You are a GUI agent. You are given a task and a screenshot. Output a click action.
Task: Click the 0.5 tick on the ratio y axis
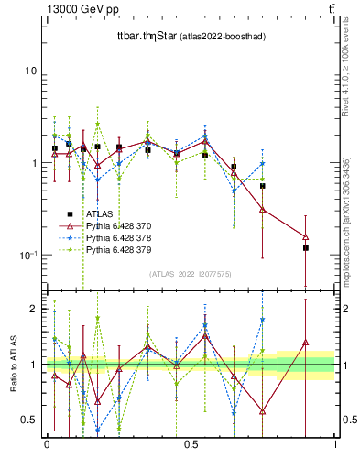pos(29,420)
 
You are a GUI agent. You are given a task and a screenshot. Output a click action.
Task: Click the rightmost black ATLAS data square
pos(306,248)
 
